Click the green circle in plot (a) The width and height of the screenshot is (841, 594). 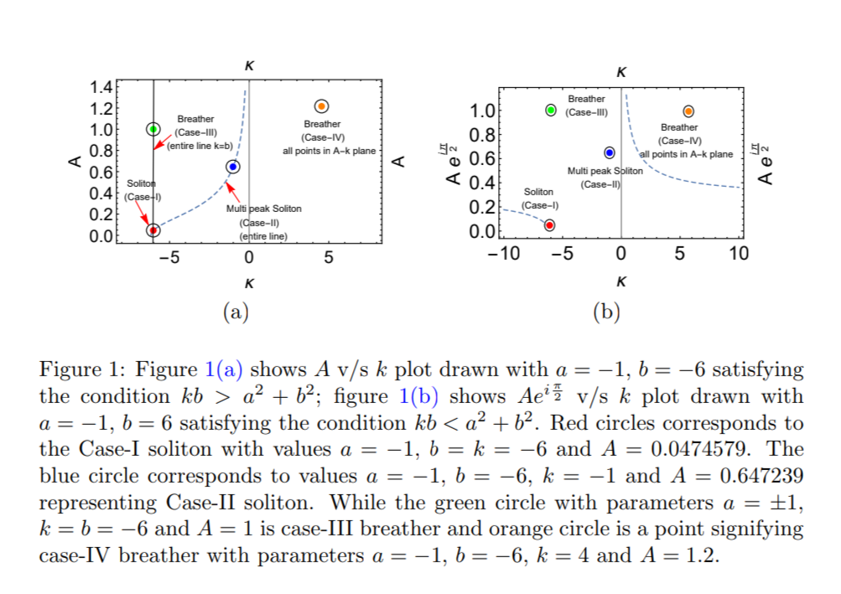click(x=153, y=129)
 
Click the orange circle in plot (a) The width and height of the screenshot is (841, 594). click(x=320, y=106)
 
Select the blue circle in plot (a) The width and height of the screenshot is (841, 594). click(x=233, y=167)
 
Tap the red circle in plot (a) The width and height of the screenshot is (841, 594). click(x=153, y=230)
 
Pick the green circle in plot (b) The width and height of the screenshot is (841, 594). click(x=551, y=110)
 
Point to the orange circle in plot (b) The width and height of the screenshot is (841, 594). click(x=688, y=111)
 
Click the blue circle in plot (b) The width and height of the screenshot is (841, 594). click(x=610, y=152)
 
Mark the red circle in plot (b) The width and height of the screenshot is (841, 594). click(x=550, y=225)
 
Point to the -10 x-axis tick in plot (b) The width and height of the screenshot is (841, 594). click(x=506, y=254)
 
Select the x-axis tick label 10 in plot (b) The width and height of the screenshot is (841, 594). click(x=738, y=254)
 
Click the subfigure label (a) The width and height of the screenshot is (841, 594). click(x=236, y=312)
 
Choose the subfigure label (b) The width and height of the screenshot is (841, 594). click(x=605, y=312)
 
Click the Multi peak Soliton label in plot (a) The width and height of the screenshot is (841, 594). click(x=264, y=209)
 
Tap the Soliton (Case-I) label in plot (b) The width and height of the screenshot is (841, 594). click(x=540, y=199)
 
